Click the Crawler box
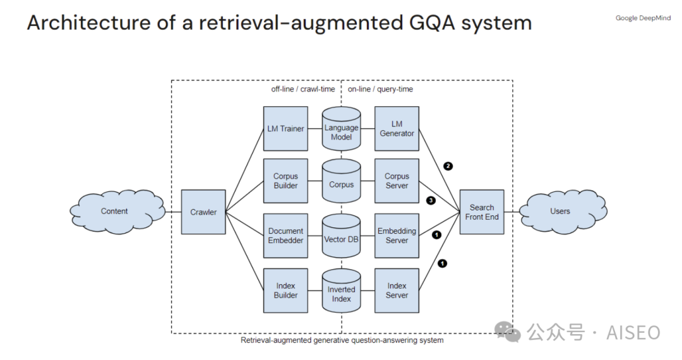203,212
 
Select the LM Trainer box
285,129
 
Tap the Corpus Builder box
285,181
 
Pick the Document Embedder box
285,236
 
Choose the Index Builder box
285,291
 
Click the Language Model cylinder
341,131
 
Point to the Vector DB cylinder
341,239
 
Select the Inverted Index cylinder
341,293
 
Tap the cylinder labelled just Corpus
341,184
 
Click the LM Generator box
397,129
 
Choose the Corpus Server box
397,181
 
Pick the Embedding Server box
397,236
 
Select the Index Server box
397,291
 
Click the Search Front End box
482,212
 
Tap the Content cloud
114,212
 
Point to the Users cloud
559,212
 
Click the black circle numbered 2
448,166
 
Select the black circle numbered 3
431,201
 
